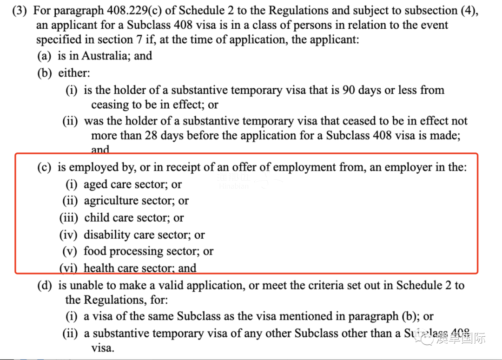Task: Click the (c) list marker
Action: tap(45, 167)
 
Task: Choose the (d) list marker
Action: tap(45, 285)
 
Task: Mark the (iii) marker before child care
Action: tap(69, 217)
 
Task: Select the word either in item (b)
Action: tap(73, 72)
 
